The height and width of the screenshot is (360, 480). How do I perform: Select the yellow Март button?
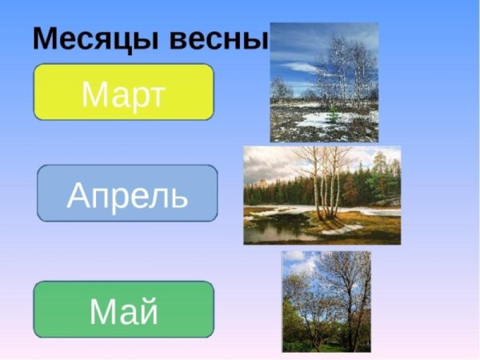(x=123, y=92)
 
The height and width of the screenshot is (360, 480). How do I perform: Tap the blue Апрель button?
(x=127, y=194)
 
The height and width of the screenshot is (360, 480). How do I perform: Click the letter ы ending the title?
(x=255, y=40)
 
